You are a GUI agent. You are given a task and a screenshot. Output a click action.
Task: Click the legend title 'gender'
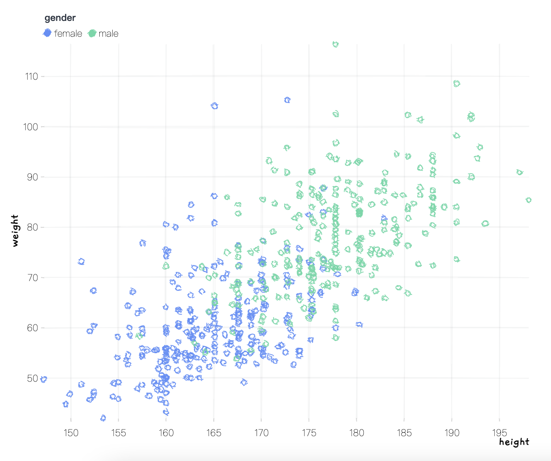pyautogui.click(x=60, y=18)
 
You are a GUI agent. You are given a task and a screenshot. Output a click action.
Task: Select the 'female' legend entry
pyautogui.click(x=63, y=34)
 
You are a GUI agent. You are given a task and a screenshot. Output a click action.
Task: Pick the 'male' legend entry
pyautogui.click(x=104, y=34)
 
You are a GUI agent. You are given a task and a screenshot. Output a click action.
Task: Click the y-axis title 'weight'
pyautogui.click(x=15, y=231)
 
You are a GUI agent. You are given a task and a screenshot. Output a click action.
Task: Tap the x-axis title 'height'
pyautogui.click(x=514, y=442)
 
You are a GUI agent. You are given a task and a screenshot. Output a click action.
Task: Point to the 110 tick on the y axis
pyautogui.click(x=32, y=77)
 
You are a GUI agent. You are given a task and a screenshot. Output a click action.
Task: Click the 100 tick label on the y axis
pyautogui.click(x=32, y=127)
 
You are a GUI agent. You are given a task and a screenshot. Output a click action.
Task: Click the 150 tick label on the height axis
pyautogui.click(x=71, y=433)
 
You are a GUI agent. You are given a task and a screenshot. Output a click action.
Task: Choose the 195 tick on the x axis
pyautogui.click(x=499, y=433)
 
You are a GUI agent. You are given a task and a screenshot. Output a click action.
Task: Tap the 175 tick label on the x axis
pyautogui.click(x=309, y=433)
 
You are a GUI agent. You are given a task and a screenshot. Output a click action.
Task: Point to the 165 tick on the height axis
pyautogui.click(x=214, y=433)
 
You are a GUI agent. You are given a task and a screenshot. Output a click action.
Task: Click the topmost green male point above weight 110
pyautogui.click(x=335, y=44)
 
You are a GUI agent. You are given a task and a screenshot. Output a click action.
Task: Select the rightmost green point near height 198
pyautogui.click(x=529, y=200)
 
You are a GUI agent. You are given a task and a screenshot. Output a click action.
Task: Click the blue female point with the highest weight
pyautogui.click(x=287, y=100)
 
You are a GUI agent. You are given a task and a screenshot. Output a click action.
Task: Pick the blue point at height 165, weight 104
pyautogui.click(x=214, y=106)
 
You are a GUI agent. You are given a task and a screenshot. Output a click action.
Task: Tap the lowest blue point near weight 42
pyautogui.click(x=103, y=418)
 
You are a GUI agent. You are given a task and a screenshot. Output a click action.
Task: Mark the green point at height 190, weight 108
pyautogui.click(x=456, y=84)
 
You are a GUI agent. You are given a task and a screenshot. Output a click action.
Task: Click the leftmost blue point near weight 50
pyautogui.click(x=44, y=379)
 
